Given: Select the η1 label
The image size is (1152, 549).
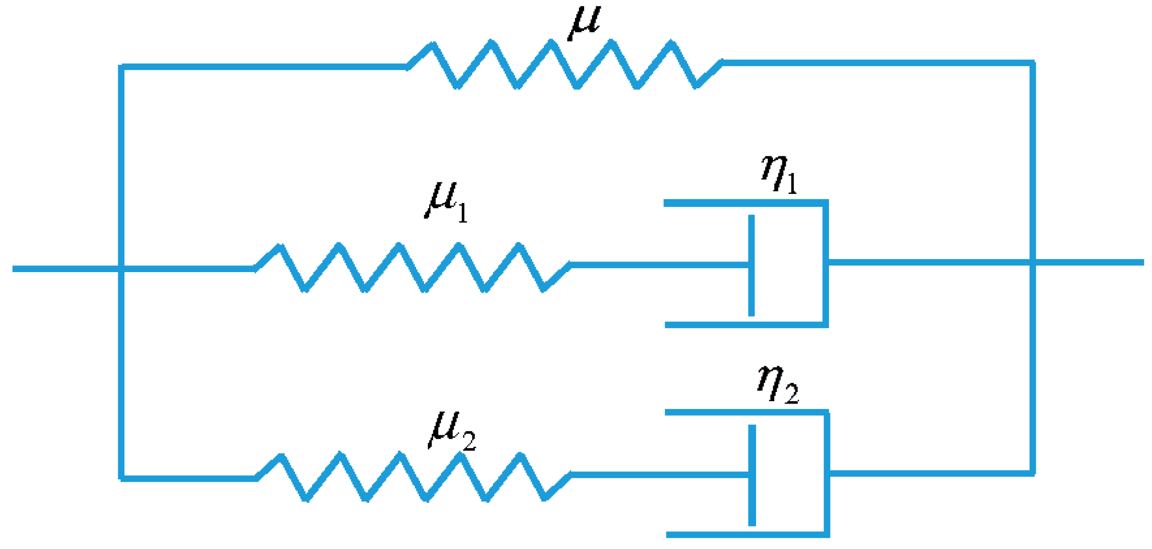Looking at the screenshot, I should pyautogui.click(x=779, y=174).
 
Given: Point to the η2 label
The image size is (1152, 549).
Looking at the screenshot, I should pyautogui.click(x=777, y=384).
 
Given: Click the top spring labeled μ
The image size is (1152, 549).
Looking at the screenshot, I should pyautogui.click(x=564, y=65).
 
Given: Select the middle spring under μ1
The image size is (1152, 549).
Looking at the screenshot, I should pyautogui.click(x=412, y=267).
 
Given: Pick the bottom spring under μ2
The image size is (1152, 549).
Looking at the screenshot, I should pyautogui.click(x=413, y=477).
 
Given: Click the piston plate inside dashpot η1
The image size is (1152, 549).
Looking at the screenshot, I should pyautogui.click(x=751, y=265).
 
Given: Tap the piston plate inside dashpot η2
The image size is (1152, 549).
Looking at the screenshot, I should pyautogui.click(x=752, y=475).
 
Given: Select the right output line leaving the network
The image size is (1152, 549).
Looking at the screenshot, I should pyautogui.click(x=1090, y=263).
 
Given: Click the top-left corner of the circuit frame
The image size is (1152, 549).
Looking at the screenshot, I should pyautogui.click(x=121, y=66).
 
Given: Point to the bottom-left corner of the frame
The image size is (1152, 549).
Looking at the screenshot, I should pyautogui.click(x=121, y=478).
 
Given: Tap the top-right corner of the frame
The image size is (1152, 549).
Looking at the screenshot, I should pyautogui.click(x=1032, y=63).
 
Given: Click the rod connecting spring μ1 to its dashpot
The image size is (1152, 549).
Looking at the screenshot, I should pyautogui.click(x=658, y=265).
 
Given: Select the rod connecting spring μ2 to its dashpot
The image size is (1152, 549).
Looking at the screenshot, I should pyautogui.click(x=658, y=475).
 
